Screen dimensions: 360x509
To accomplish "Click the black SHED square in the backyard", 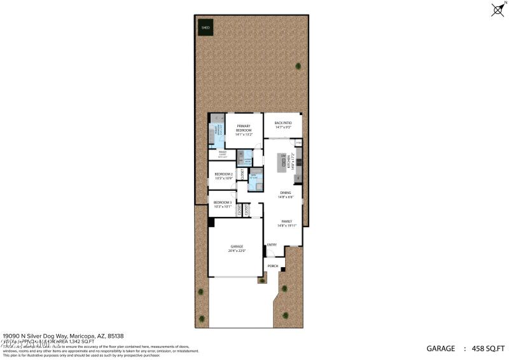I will tap(206, 27).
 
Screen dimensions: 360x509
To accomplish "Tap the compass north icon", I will tap(498, 10).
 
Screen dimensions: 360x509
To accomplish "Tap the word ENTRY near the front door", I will tap(272, 245).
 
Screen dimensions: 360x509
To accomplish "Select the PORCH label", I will tap(272, 266).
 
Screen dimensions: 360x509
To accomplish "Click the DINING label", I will tap(285, 195).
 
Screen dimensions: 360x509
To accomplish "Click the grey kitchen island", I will tap(282, 164).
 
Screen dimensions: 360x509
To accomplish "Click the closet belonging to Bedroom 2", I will tap(242, 174).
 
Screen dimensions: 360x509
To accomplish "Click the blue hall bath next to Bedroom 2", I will tap(253, 176).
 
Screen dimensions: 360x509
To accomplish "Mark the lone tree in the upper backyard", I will tap(298, 66).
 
